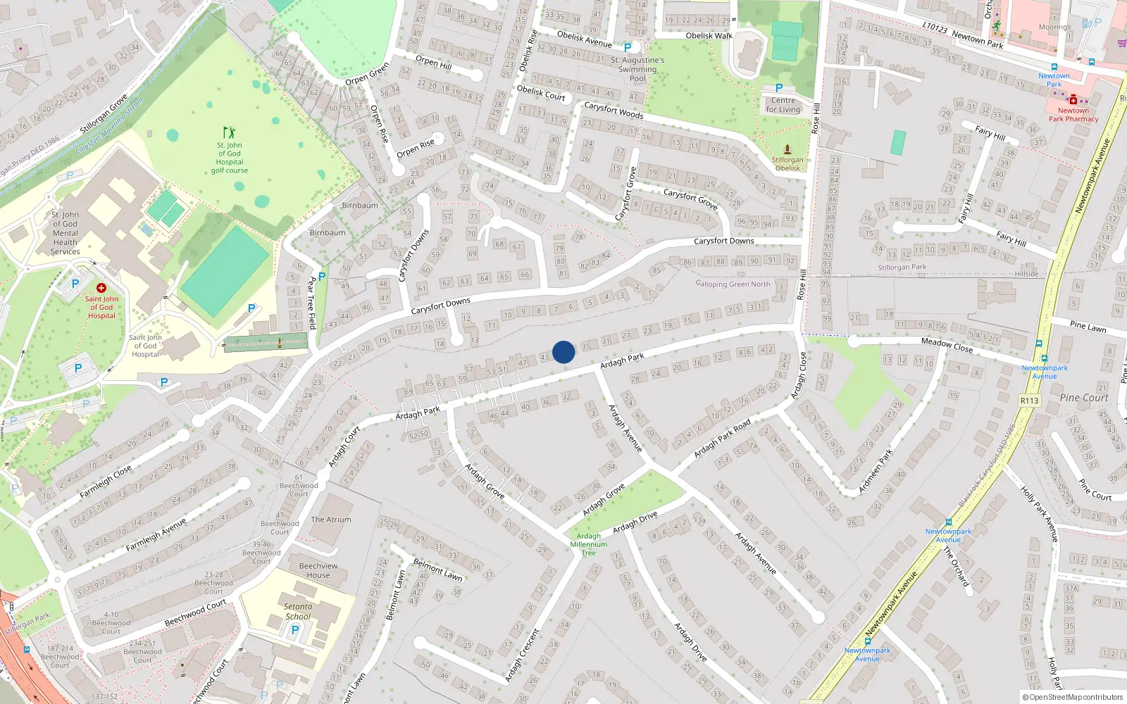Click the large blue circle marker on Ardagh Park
563,352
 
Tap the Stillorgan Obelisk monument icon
787,149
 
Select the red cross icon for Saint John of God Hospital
101,288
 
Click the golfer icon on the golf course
229,132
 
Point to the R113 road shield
1029,401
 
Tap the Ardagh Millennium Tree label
589,544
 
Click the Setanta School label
298,611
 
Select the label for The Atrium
331,520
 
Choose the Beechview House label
318,570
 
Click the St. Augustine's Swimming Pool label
637,69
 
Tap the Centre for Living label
783,105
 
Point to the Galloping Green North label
733,284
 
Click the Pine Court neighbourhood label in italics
1083,398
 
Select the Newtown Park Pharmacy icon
1073,100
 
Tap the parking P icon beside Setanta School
295,630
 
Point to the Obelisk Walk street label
709,36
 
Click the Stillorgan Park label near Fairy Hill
902,268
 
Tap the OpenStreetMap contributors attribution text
1073,698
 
